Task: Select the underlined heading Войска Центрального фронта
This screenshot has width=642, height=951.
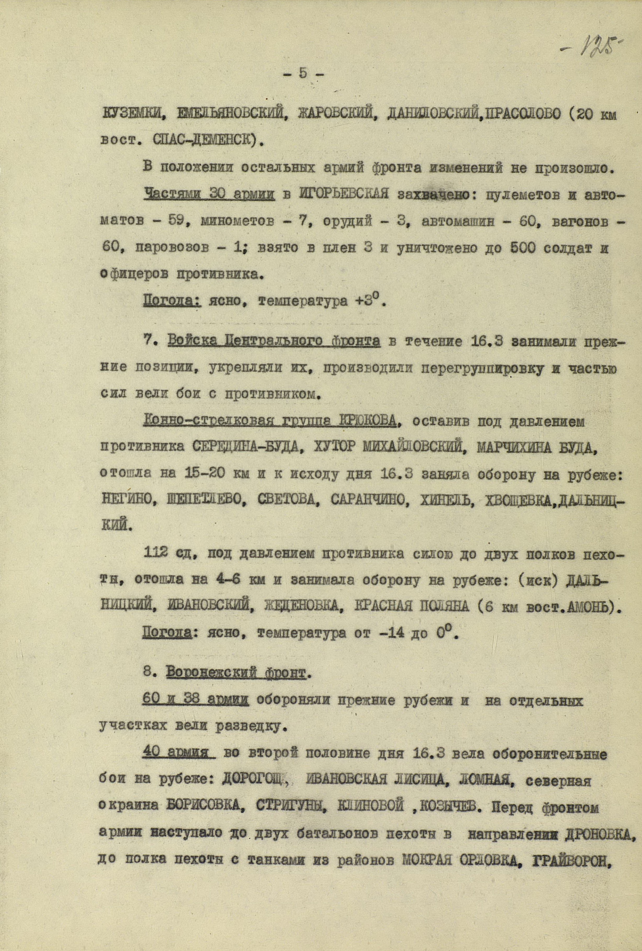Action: coord(273,341)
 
